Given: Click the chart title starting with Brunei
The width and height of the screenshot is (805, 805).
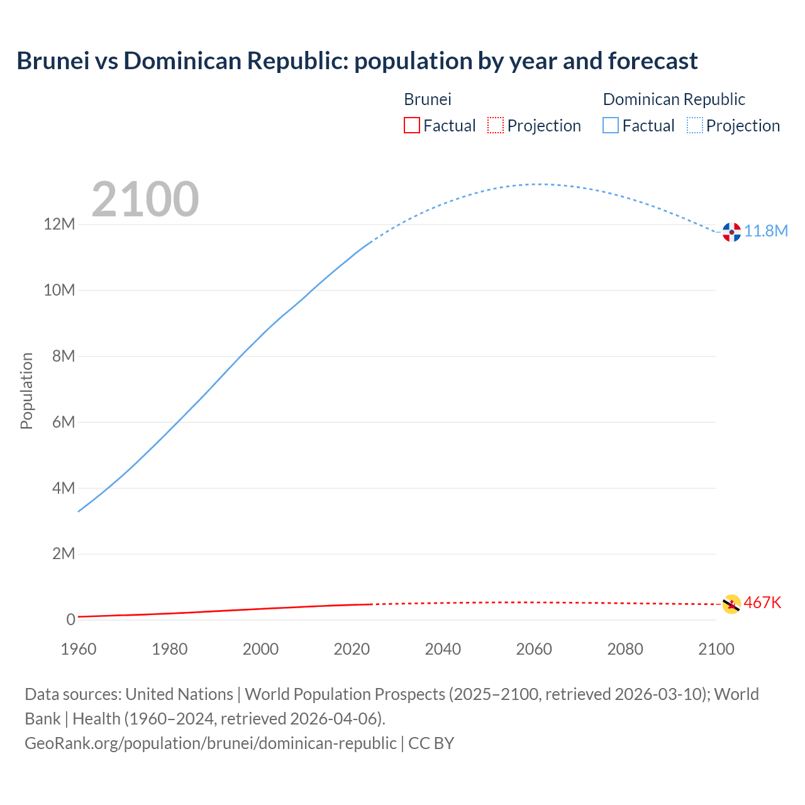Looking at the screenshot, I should click(x=357, y=61).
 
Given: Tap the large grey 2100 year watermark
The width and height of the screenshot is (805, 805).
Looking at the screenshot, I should click(x=145, y=199).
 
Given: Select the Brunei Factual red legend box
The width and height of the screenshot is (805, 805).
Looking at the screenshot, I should click(x=411, y=125).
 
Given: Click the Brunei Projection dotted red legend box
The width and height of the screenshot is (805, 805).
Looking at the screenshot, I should click(x=496, y=125).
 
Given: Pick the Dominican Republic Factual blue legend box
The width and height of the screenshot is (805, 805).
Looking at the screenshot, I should click(x=611, y=125).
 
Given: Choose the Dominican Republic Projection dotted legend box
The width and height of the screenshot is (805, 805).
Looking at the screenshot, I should click(x=694, y=125).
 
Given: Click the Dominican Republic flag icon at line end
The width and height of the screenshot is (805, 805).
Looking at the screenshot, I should click(x=731, y=232).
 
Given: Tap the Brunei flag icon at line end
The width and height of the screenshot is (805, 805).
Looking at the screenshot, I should click(x=731, y=604).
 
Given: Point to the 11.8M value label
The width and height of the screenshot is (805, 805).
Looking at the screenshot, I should click(x=766, y=231).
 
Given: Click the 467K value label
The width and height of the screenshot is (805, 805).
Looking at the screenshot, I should click(x=762, y=602).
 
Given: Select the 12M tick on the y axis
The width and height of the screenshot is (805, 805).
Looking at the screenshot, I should click(x=59, y=225).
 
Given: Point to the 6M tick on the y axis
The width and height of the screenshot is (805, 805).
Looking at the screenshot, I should click(x=64, y=422).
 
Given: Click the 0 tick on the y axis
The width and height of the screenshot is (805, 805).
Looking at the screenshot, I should click(x=71, y=619).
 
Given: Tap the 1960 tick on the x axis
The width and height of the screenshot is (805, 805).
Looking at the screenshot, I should click(x=79, y=649).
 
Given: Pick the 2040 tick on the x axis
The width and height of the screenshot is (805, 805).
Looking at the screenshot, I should click(x=443, y=649).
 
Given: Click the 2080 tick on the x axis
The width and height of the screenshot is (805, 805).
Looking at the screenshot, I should click(x=625, y=649).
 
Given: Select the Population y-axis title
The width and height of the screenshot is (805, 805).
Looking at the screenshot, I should click(x=26, y=391).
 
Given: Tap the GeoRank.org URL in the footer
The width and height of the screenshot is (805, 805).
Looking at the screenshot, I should click(x=211, y=743).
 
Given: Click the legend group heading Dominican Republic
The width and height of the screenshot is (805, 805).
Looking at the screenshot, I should click(x=674, y=99).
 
